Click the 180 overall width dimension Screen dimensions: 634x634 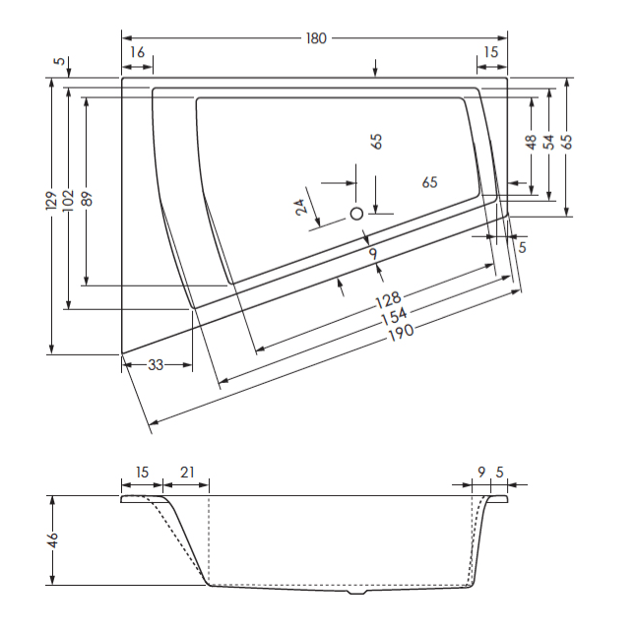click(x=316, y=38)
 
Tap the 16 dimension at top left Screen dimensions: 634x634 click(x=138, y=52)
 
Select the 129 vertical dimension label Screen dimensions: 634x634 click(x=51, y=200)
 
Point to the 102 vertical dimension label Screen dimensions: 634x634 click(x=68, y=200)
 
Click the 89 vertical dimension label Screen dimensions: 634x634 click(x=87, y=199)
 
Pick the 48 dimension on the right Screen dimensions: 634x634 click(x=531, y=142)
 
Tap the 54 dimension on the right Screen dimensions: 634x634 click(x=548, y=142)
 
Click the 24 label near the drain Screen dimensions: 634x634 click(x=301, y=207)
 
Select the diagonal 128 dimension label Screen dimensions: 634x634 click(x=389, y=299)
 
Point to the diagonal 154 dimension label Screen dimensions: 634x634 click(x=395, y=317)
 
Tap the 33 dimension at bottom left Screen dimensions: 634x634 click(x=156, y=365)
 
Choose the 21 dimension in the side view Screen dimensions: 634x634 click(x=187, y=473)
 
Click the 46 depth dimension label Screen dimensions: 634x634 click(x=52, y=540)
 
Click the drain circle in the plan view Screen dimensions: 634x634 click(x=356, y=214)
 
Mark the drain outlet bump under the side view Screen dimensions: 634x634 click(x=356, y=592)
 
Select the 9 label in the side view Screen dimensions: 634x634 click(x=481, y=473)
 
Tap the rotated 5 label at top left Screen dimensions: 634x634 click(x=60, y=61)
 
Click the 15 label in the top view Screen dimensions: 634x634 click(x=491, y=52)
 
